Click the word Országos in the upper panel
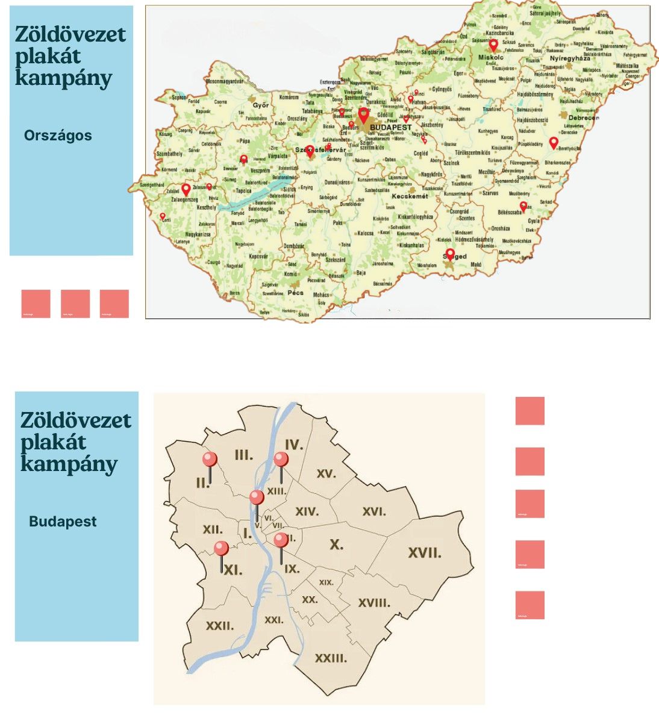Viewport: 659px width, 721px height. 58,136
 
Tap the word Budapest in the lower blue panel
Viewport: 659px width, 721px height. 63,522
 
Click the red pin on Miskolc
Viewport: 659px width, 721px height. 493,45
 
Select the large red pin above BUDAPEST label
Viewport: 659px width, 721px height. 363,114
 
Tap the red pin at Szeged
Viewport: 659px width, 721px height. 449,254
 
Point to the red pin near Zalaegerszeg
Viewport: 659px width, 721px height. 186,190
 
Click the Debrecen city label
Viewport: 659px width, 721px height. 583,118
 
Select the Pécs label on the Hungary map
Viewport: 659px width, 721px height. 295,293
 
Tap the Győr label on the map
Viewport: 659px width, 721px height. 261,106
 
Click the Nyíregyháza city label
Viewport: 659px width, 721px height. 570,58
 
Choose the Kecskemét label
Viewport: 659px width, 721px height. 410,196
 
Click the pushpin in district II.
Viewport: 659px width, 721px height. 210,460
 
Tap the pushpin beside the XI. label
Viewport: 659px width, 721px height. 221,549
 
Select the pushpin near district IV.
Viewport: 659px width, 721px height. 281,461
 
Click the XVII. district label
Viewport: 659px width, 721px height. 425,553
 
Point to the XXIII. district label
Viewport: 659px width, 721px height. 331,658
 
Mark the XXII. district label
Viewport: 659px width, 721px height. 220,626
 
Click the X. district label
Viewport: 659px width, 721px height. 336,545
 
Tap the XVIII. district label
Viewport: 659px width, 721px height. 374,603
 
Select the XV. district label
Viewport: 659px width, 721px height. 326,474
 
